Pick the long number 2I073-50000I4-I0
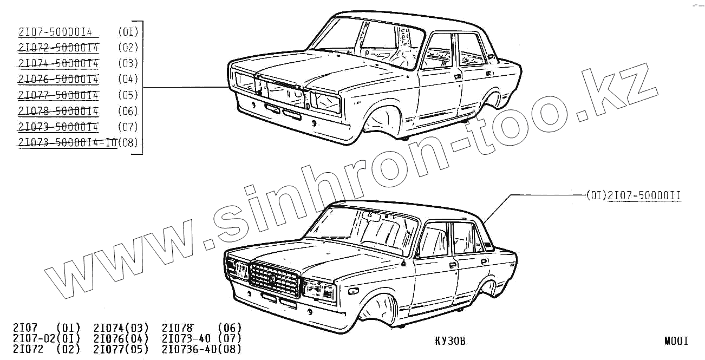pos(67,143)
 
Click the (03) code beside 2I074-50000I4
pos(128,63)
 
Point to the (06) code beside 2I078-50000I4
pos(128,111)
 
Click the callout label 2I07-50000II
pos(644,195)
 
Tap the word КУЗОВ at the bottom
pos(450,341)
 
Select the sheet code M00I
pos(676,341)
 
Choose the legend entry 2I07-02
pos(31,338)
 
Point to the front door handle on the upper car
pos(458,77)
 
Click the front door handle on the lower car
pos(453,265)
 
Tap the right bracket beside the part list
pos(141,87)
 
